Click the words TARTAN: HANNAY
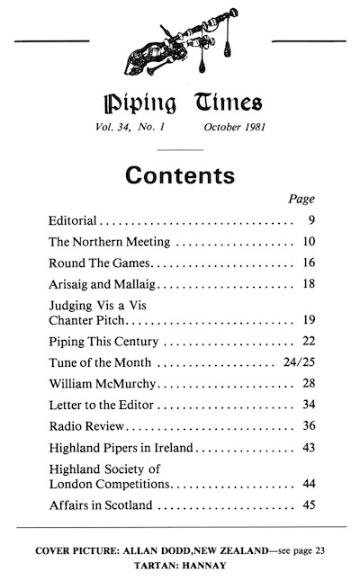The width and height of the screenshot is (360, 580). (179, 564)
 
